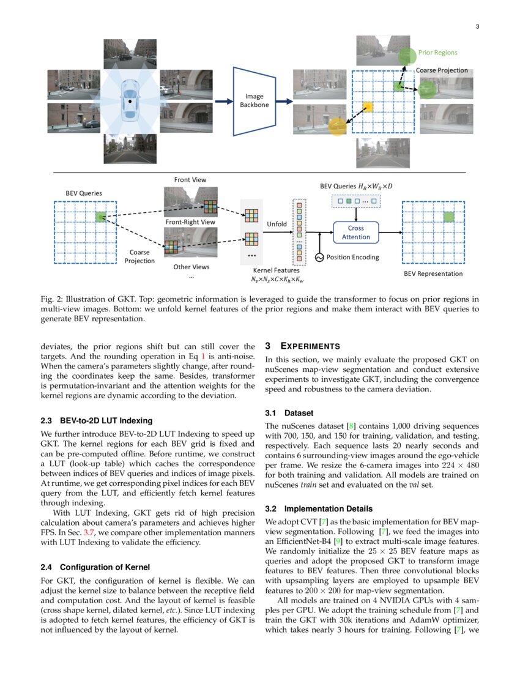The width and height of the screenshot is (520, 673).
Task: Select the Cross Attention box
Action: tap(355, 232)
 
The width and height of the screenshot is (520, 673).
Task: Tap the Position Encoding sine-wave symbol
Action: tap(319, 258)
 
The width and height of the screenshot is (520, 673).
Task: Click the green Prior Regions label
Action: tap(437, 53)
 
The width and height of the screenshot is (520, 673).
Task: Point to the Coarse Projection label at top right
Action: tap(442, 70)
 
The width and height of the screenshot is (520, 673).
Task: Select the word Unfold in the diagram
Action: tap(277, 225)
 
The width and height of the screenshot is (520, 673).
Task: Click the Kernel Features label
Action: tap(277, 270)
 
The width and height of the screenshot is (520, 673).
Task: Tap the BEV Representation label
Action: tap(433, 273)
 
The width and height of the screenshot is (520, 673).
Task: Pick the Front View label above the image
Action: tap(190, 180)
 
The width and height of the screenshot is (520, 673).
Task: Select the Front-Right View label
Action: tap(190, 222)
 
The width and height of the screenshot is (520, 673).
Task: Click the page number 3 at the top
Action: tap(477, 26)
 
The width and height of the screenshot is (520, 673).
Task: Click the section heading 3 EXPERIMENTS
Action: tap(303, 347)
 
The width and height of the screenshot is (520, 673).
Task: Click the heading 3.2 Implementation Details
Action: tap(319, 508)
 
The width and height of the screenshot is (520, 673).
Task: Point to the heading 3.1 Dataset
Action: tap(290, 413)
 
